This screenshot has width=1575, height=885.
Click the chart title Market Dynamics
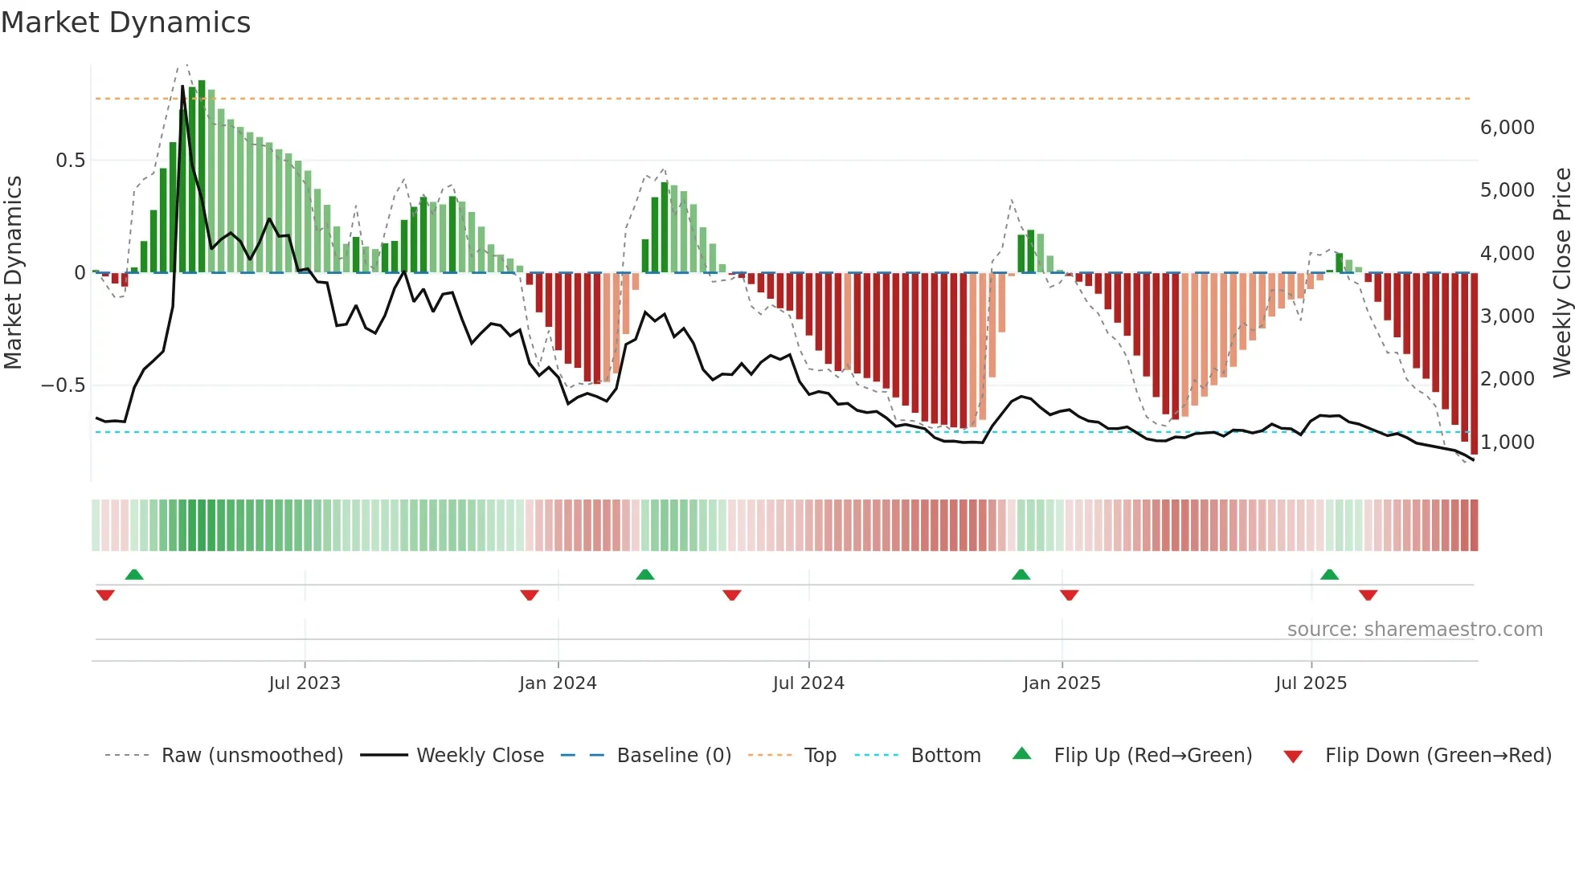[x=125, y=22]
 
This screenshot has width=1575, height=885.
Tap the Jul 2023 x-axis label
[x=305, y=683]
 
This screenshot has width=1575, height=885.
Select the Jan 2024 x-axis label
[x=558, y=683]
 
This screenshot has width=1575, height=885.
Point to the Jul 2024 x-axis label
[x=808, y=683]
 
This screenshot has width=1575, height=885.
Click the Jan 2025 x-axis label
[x=1062, y=683]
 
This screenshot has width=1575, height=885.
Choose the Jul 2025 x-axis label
[x=1311, y=683]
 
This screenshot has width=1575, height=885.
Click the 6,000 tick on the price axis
[x=1507, y=127]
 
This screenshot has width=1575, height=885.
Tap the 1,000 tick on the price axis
[x=1507, y=442]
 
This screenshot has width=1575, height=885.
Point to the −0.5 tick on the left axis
[x=63, y=385]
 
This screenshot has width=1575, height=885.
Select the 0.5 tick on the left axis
[x=70, y=160]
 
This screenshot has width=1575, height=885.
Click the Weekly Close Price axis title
[x=1561, y=272]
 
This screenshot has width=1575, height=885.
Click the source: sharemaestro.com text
[x=1414, y=629]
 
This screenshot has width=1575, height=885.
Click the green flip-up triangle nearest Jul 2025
[x=1329, y=575]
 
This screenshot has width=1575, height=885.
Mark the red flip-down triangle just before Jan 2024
[x=529, y=595]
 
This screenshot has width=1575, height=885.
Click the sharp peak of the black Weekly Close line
[x=182, y=87]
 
